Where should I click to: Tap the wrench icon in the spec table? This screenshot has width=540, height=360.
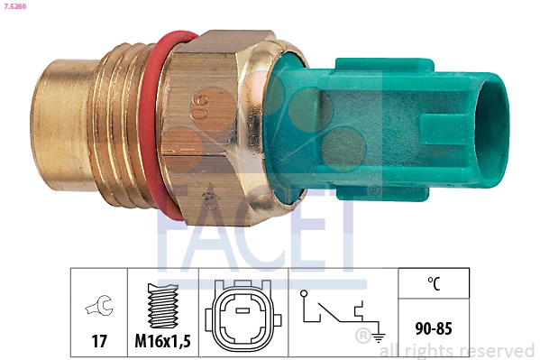(97, 308)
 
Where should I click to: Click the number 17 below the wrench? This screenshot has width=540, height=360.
(97, 341)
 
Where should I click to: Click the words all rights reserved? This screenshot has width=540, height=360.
(457, 350)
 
